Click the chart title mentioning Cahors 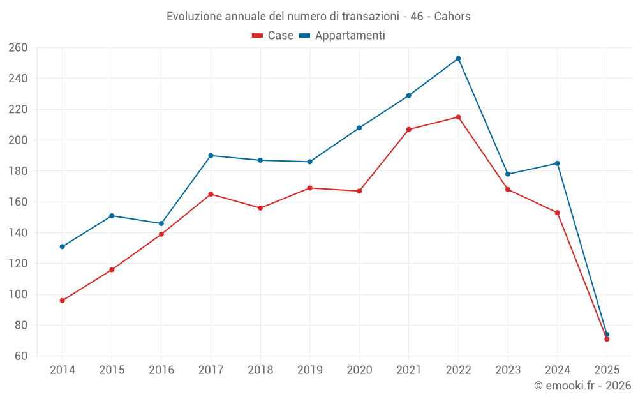pos(318,16)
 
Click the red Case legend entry pos(272,36)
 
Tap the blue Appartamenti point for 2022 pos(458,59)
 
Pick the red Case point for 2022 pos(458,117)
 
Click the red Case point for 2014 pos(63,301)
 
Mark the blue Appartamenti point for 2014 pos(63,246)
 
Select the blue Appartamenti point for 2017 pos(211,156)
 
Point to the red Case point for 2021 pos(409,130)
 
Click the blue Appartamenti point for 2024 pos(557,163)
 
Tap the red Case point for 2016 pos(161,234)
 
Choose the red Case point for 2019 pos(310,188)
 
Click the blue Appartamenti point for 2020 pos(359,128)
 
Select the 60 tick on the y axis pos(20,356)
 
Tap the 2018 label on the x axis pos(260,370)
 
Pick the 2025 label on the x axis pos(607,370)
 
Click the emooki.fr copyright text pos(582,386)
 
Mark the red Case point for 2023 pos(508,190)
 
